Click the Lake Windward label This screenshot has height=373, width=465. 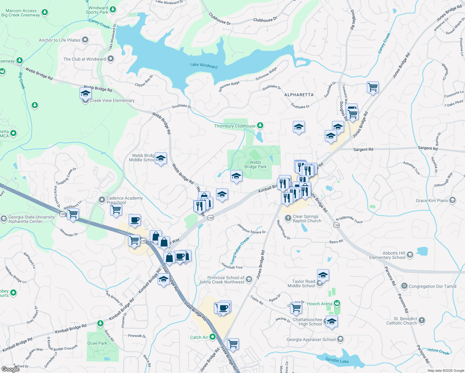[x=204, y=65]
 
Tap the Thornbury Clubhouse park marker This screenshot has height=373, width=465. [x=260, y=126]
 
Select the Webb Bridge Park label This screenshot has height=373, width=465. [x=255, y=164]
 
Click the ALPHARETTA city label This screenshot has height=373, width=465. [x=299, y=95]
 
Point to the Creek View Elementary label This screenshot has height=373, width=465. [x=112, y=101]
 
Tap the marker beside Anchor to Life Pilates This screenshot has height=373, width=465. [x=85, y=40]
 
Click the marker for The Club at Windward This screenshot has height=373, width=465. [x=111, y=59]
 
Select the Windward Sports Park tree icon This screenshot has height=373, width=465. [x=113, y=10]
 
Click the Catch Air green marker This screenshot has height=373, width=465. [x=213, y=337]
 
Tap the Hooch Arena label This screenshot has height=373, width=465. [x=320, y=304]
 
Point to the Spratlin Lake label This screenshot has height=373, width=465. [x=337, y=360]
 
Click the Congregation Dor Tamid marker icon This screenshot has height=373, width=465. [x=404, y=286]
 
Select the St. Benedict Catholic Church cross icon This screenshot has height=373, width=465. [x=421, y=320]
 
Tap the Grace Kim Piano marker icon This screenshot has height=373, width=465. [x=453, y=200]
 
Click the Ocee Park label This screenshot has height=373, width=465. [x=97, y=343]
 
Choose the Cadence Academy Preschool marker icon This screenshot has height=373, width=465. [x=102, y=200]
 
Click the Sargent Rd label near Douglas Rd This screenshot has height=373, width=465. [x=363, y=150]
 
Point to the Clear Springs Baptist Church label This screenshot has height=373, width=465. [x=306, y=219]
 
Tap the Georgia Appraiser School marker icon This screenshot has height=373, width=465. [x=340, y=339]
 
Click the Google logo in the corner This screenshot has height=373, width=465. [x=11, y=369]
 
